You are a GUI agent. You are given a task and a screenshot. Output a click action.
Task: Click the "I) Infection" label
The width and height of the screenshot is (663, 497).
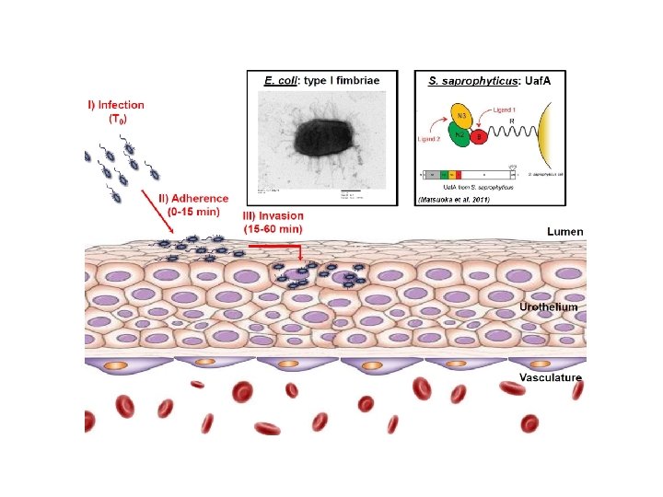point(115,105)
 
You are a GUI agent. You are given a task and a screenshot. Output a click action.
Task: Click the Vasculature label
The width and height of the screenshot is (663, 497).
point(550,377)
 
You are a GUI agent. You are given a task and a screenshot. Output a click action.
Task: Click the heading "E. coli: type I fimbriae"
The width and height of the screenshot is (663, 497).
point(320,81)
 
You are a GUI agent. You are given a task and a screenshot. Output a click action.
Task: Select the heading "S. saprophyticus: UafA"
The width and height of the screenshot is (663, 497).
point(487,81)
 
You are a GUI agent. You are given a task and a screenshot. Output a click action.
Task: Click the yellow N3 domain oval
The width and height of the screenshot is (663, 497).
point(460,117)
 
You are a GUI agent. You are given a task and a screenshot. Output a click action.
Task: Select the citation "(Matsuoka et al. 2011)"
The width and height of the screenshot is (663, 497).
point(454,199)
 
